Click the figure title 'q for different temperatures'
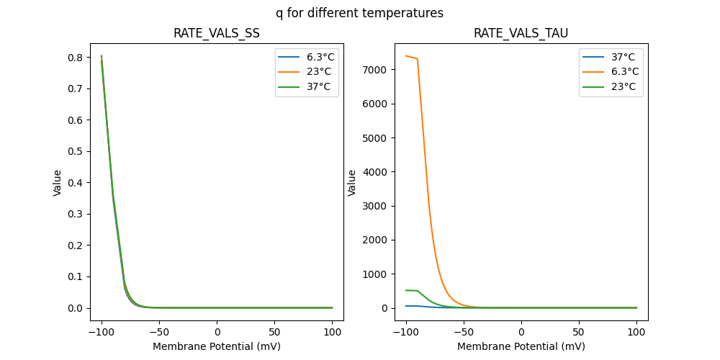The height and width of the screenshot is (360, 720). (x=359, y=13)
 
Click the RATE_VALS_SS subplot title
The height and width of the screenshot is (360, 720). (x=216, y=34)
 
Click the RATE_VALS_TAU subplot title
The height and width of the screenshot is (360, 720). (x=521, y=34)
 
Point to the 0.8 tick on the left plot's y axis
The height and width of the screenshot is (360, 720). (x=75, y=57)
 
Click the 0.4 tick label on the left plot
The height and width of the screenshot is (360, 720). (x=75, y=183)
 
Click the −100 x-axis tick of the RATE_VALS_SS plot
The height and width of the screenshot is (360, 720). (x=101, y=331)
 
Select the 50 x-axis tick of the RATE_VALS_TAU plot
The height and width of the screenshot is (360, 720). (x=579, y=331)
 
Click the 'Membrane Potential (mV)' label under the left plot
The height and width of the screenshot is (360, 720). (x=216, y=346)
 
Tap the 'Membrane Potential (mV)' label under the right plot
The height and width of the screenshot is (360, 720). (x=521, y=346)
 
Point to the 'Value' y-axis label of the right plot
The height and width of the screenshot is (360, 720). (x=352, y=183)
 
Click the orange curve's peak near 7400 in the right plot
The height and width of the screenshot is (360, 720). (x=406, y=55)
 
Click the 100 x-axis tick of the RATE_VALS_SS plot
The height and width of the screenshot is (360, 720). (x=332, y=331)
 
